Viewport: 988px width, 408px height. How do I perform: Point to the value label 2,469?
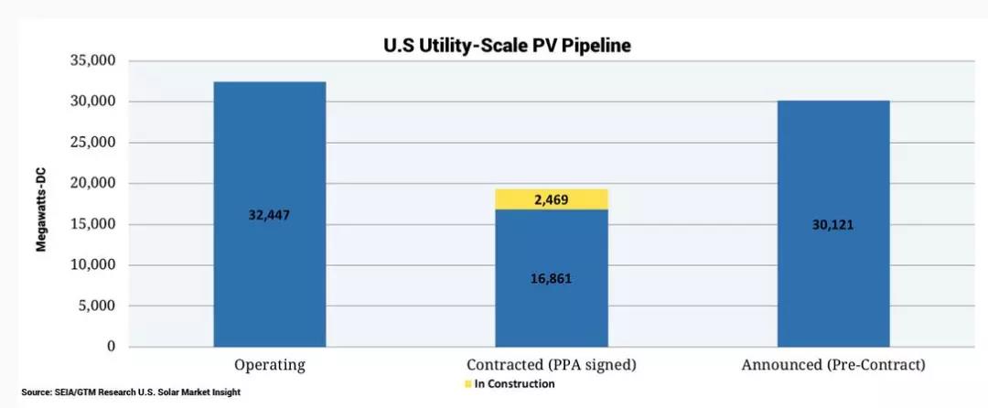(x=552, y=199)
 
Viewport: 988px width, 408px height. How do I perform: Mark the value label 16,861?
(x=552, y=277)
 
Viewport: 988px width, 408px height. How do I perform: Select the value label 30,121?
(x=832, y=224)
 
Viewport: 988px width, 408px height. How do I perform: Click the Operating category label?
(x=269, y=365)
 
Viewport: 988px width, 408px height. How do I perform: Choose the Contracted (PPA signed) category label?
(x=552, y=365)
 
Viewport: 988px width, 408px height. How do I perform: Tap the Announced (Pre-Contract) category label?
(x=832, y=365)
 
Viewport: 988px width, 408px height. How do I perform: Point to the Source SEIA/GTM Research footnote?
(x=132, y=392)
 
